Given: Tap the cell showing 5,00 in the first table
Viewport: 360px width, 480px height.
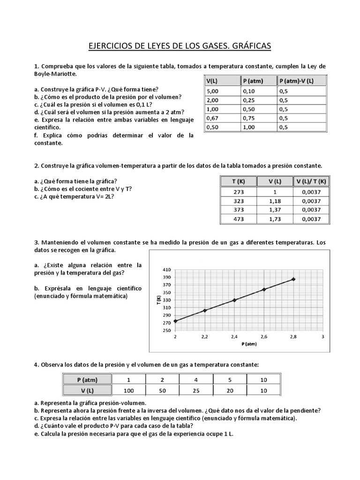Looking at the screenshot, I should [213, 91].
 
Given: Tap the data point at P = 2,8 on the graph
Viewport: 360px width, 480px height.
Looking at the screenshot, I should [293, 279].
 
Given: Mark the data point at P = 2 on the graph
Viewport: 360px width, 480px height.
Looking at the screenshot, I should [175, 321].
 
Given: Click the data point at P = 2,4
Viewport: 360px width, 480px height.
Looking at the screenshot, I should [234, 300].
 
